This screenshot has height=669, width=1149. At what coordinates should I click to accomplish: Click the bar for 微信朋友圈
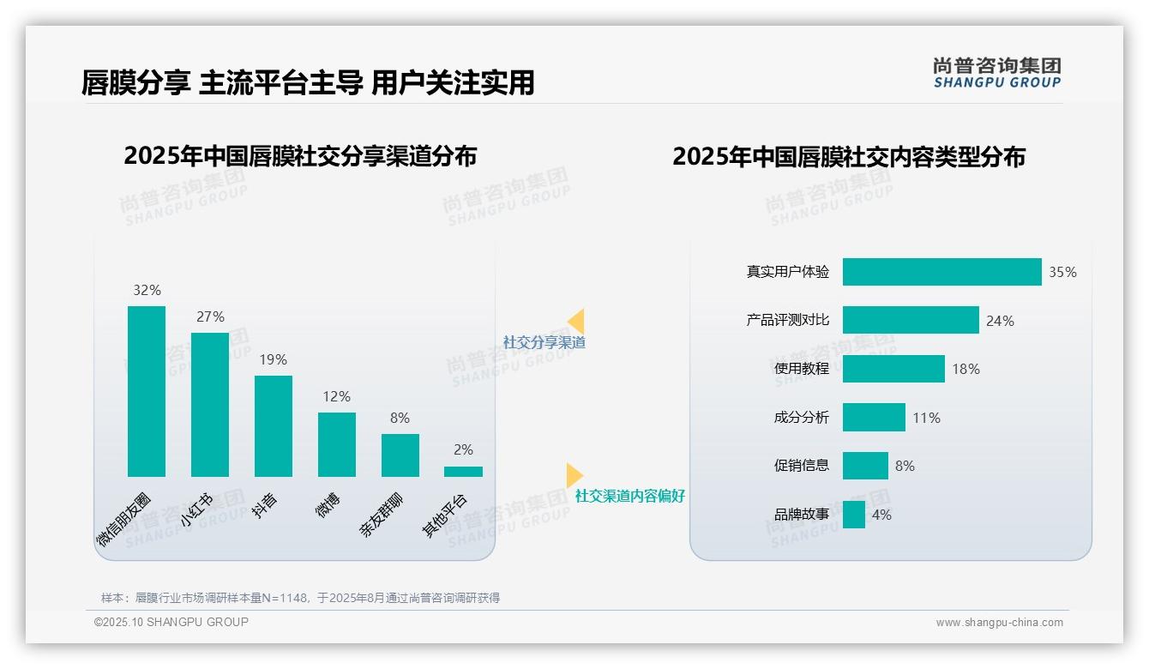147,391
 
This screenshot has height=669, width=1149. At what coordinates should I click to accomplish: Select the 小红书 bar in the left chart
210,404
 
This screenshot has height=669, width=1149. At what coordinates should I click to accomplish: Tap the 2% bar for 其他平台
463,471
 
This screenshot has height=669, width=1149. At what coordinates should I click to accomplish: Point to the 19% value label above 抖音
274,360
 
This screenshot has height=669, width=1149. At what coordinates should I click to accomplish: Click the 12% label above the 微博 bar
337,397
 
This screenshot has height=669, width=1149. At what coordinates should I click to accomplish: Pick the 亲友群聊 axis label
381,515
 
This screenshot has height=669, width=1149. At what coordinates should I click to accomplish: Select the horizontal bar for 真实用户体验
941,272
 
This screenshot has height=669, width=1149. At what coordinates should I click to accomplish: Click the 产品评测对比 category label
788,320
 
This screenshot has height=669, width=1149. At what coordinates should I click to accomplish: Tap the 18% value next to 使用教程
966,370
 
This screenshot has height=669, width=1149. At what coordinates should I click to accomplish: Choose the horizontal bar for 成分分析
874,418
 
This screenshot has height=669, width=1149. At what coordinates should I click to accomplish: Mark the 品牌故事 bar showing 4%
854,515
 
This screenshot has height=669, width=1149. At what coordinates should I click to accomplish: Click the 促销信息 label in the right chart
802,466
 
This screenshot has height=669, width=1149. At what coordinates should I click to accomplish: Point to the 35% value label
1062,273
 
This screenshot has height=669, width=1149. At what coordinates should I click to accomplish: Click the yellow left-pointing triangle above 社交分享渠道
577,322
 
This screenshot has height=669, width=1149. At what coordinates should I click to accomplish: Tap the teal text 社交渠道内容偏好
630,496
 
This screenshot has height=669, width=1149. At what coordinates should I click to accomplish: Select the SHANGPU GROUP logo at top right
996,73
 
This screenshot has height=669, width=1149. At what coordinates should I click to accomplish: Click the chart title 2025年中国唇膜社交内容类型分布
849,157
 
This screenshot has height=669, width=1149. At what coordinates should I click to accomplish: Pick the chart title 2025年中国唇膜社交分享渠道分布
300,156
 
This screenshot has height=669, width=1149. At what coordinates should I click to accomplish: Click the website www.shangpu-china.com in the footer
999,623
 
